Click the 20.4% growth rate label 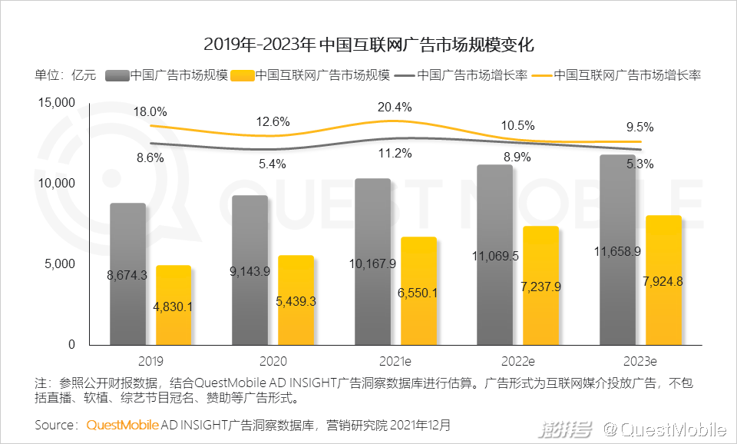tap(395, 107)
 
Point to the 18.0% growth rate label tap(150, 112)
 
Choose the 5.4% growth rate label tap(272, 164)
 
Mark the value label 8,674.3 tap(127, 273)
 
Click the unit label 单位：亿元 tap(65, 75)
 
